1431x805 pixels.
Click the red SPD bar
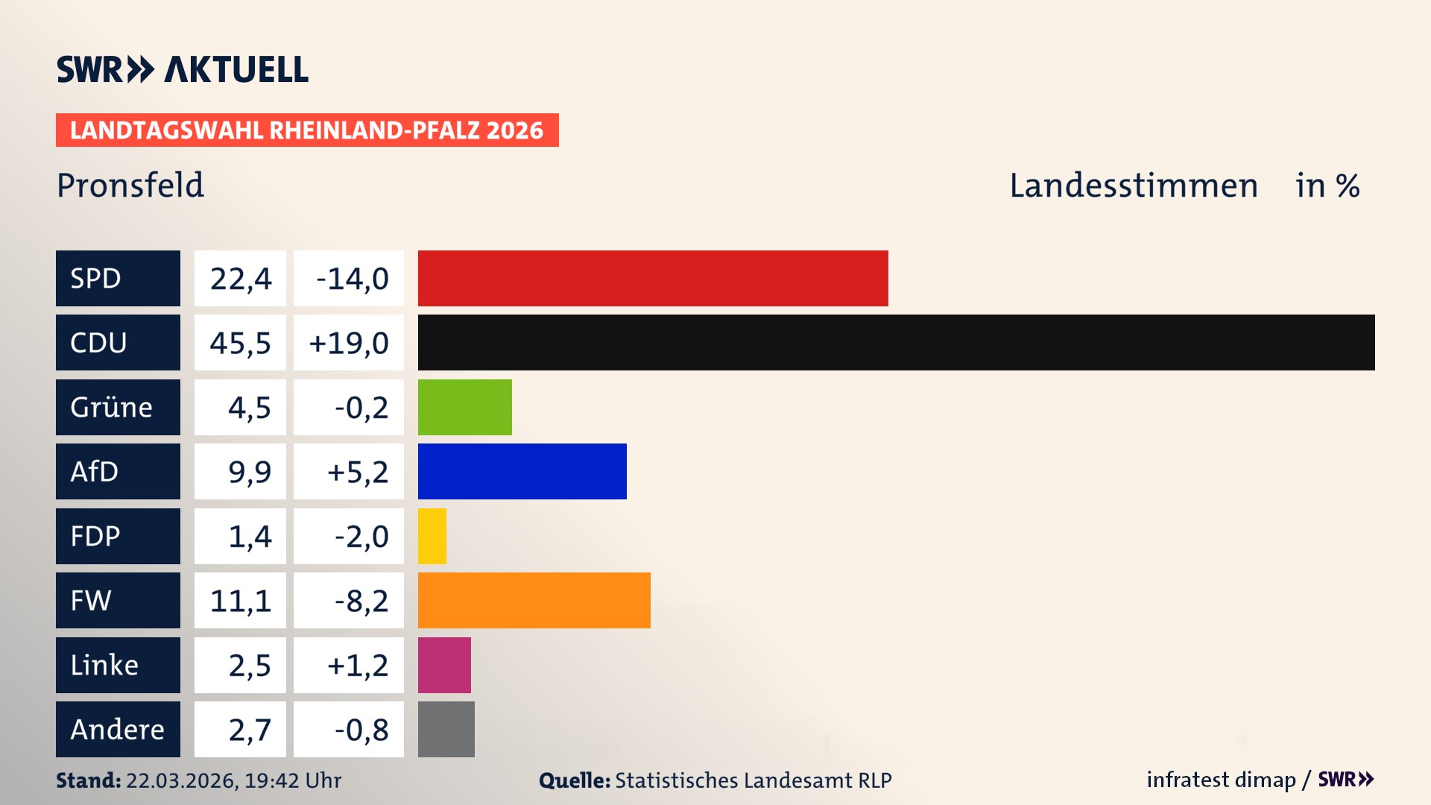(653, 278)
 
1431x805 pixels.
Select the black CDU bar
(896, 342)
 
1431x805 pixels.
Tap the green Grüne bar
(464, 407)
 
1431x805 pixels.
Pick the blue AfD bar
(522, 471)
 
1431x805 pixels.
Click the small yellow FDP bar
(432, 536)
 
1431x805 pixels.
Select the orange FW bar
(534, 600)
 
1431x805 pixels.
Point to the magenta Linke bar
(444, 665)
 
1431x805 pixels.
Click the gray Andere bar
(446, 729)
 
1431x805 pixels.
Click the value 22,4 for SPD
(240, 278)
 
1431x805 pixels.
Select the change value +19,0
(349, 342)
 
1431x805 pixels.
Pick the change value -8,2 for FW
(361, 600)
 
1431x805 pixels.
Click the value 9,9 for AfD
(249, 471)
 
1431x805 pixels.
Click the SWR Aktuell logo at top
(183, 69)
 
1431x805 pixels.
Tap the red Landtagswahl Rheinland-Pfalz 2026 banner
(307, 130)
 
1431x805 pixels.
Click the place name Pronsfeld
(130, 185)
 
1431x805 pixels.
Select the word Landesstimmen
(1133, 185)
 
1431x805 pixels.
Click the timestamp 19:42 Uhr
(292, 780)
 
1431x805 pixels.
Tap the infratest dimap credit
(1221, 780)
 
